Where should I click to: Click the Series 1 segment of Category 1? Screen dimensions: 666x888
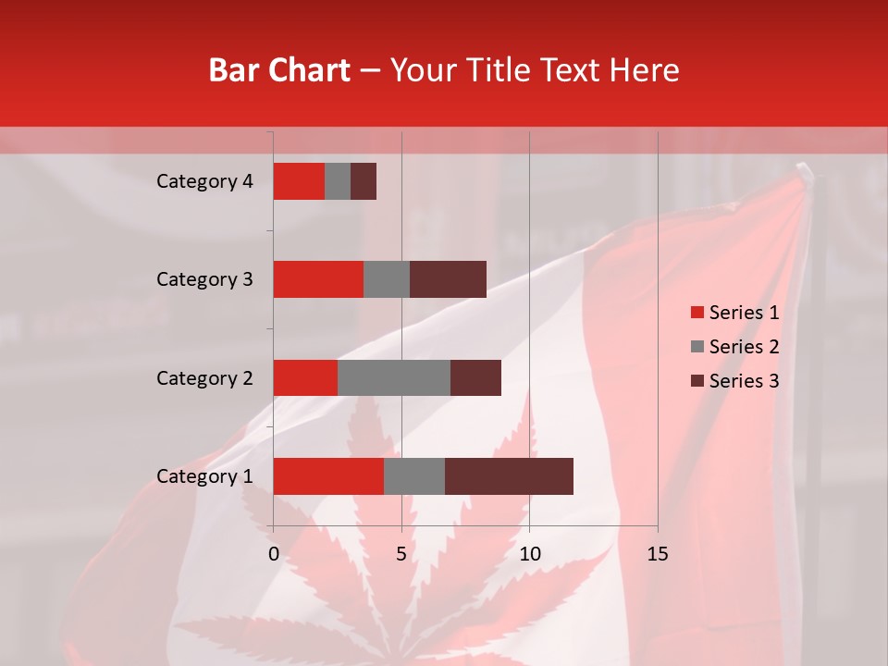(x=328, y=476)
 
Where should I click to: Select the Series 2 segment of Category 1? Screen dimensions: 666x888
(x=414, y=476)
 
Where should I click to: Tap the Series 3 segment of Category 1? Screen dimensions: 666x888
(x=509, y=476)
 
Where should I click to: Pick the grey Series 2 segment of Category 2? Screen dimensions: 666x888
(x=394, y=377)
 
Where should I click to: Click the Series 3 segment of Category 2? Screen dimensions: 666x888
(x=475, y=377)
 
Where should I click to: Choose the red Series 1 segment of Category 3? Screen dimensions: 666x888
(x=318, y=279)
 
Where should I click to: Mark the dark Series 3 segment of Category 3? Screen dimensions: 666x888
(x=448, y=279)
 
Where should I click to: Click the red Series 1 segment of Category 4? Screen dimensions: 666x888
(x=299, y=181)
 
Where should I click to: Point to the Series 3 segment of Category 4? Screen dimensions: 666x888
(x=364, y=181)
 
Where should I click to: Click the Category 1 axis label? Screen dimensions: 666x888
(x=204, y=476)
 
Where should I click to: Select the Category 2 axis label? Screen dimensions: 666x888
(x=204, y=378)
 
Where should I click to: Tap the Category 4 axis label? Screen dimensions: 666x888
(x=204, y=181)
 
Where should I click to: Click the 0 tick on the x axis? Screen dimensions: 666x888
(x=274, y=554)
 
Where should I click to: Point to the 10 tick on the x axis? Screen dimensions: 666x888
(x=529, y=554)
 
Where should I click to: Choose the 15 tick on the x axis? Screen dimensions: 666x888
(x=658, y=554)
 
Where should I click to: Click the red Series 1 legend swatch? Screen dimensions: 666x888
(x=697, y=313)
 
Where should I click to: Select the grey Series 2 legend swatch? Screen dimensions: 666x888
(x=697, y=347)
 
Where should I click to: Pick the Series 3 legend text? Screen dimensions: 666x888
(x=744, y=381)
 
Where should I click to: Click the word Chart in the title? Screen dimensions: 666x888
(x=314, y=70)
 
